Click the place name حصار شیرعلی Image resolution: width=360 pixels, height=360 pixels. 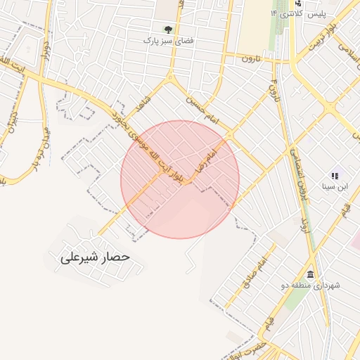96,257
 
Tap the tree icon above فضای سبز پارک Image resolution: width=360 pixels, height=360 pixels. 168,29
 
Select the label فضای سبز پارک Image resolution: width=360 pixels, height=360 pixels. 168,41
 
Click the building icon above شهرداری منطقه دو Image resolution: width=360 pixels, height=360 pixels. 310,274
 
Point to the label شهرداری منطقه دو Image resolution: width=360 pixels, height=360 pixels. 311,285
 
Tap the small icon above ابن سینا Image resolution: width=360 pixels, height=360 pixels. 334,175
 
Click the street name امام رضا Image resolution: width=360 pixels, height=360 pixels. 209,159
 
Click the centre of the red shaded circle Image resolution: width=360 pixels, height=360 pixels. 180,179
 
